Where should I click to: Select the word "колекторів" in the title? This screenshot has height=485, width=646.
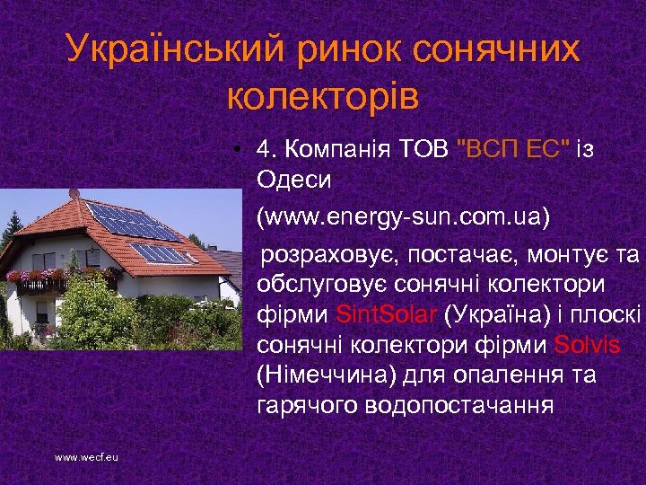[323, 94]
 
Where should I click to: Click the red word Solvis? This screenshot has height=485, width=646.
[589, 345]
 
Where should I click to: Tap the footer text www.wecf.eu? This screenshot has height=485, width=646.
[86, 457]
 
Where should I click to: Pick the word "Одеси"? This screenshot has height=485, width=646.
[294, 179]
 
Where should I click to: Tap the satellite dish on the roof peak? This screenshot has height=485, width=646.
[74, 194]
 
